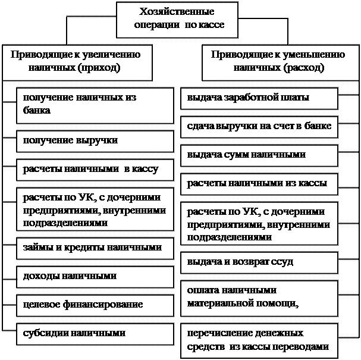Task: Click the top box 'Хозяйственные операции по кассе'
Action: (177, 20)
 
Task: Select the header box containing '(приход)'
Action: (77, 62)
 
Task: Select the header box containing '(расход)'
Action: (281, 62)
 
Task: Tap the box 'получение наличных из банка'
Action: (95, 105)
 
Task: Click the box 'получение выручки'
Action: (95, 142)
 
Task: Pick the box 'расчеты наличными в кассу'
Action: (95, 170)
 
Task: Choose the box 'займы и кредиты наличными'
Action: (95, 249)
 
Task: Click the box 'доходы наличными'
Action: (95, 277)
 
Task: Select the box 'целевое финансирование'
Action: (95, 306)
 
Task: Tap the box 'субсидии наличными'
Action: (95, 334)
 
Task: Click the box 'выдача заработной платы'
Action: (259, 98)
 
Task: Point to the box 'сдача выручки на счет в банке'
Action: (259, 127)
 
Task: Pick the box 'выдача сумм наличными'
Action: (259, 156)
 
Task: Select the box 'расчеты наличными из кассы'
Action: (259, 184)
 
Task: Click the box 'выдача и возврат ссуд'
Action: (259, 263)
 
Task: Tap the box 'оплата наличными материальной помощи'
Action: (259, 299)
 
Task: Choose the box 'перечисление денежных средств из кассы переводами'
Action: (259, 341)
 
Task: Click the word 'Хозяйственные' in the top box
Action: (177, 11)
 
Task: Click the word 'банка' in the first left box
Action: (37, 110)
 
